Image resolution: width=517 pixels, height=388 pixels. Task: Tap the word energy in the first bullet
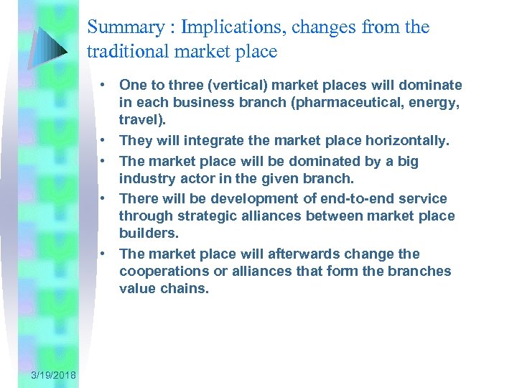[430, 103]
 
